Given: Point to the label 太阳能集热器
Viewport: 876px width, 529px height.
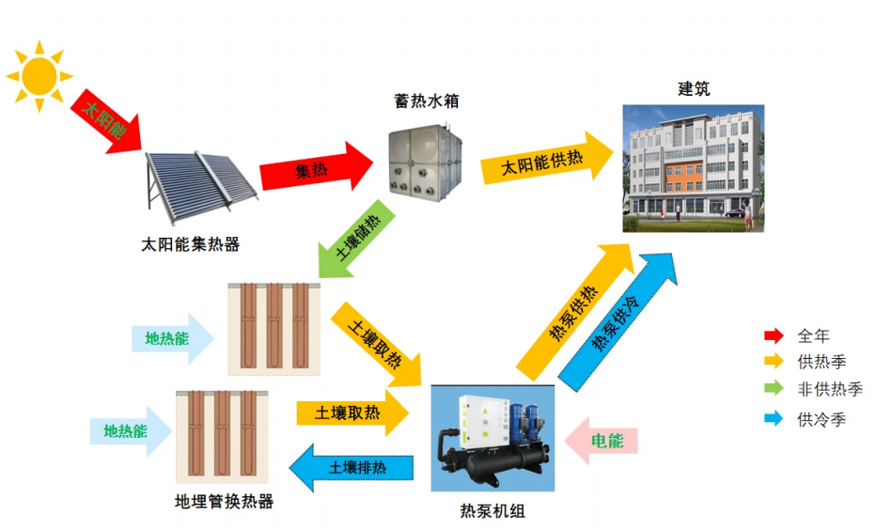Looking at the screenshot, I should click(191, 245).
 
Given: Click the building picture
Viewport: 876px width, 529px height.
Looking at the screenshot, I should click(694, 168).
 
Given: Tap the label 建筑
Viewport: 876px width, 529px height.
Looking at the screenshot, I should click(694, 89).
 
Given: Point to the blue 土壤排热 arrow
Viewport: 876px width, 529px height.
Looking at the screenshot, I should click(352, 466).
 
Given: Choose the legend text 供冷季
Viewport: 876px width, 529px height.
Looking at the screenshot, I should click(821, 419).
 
